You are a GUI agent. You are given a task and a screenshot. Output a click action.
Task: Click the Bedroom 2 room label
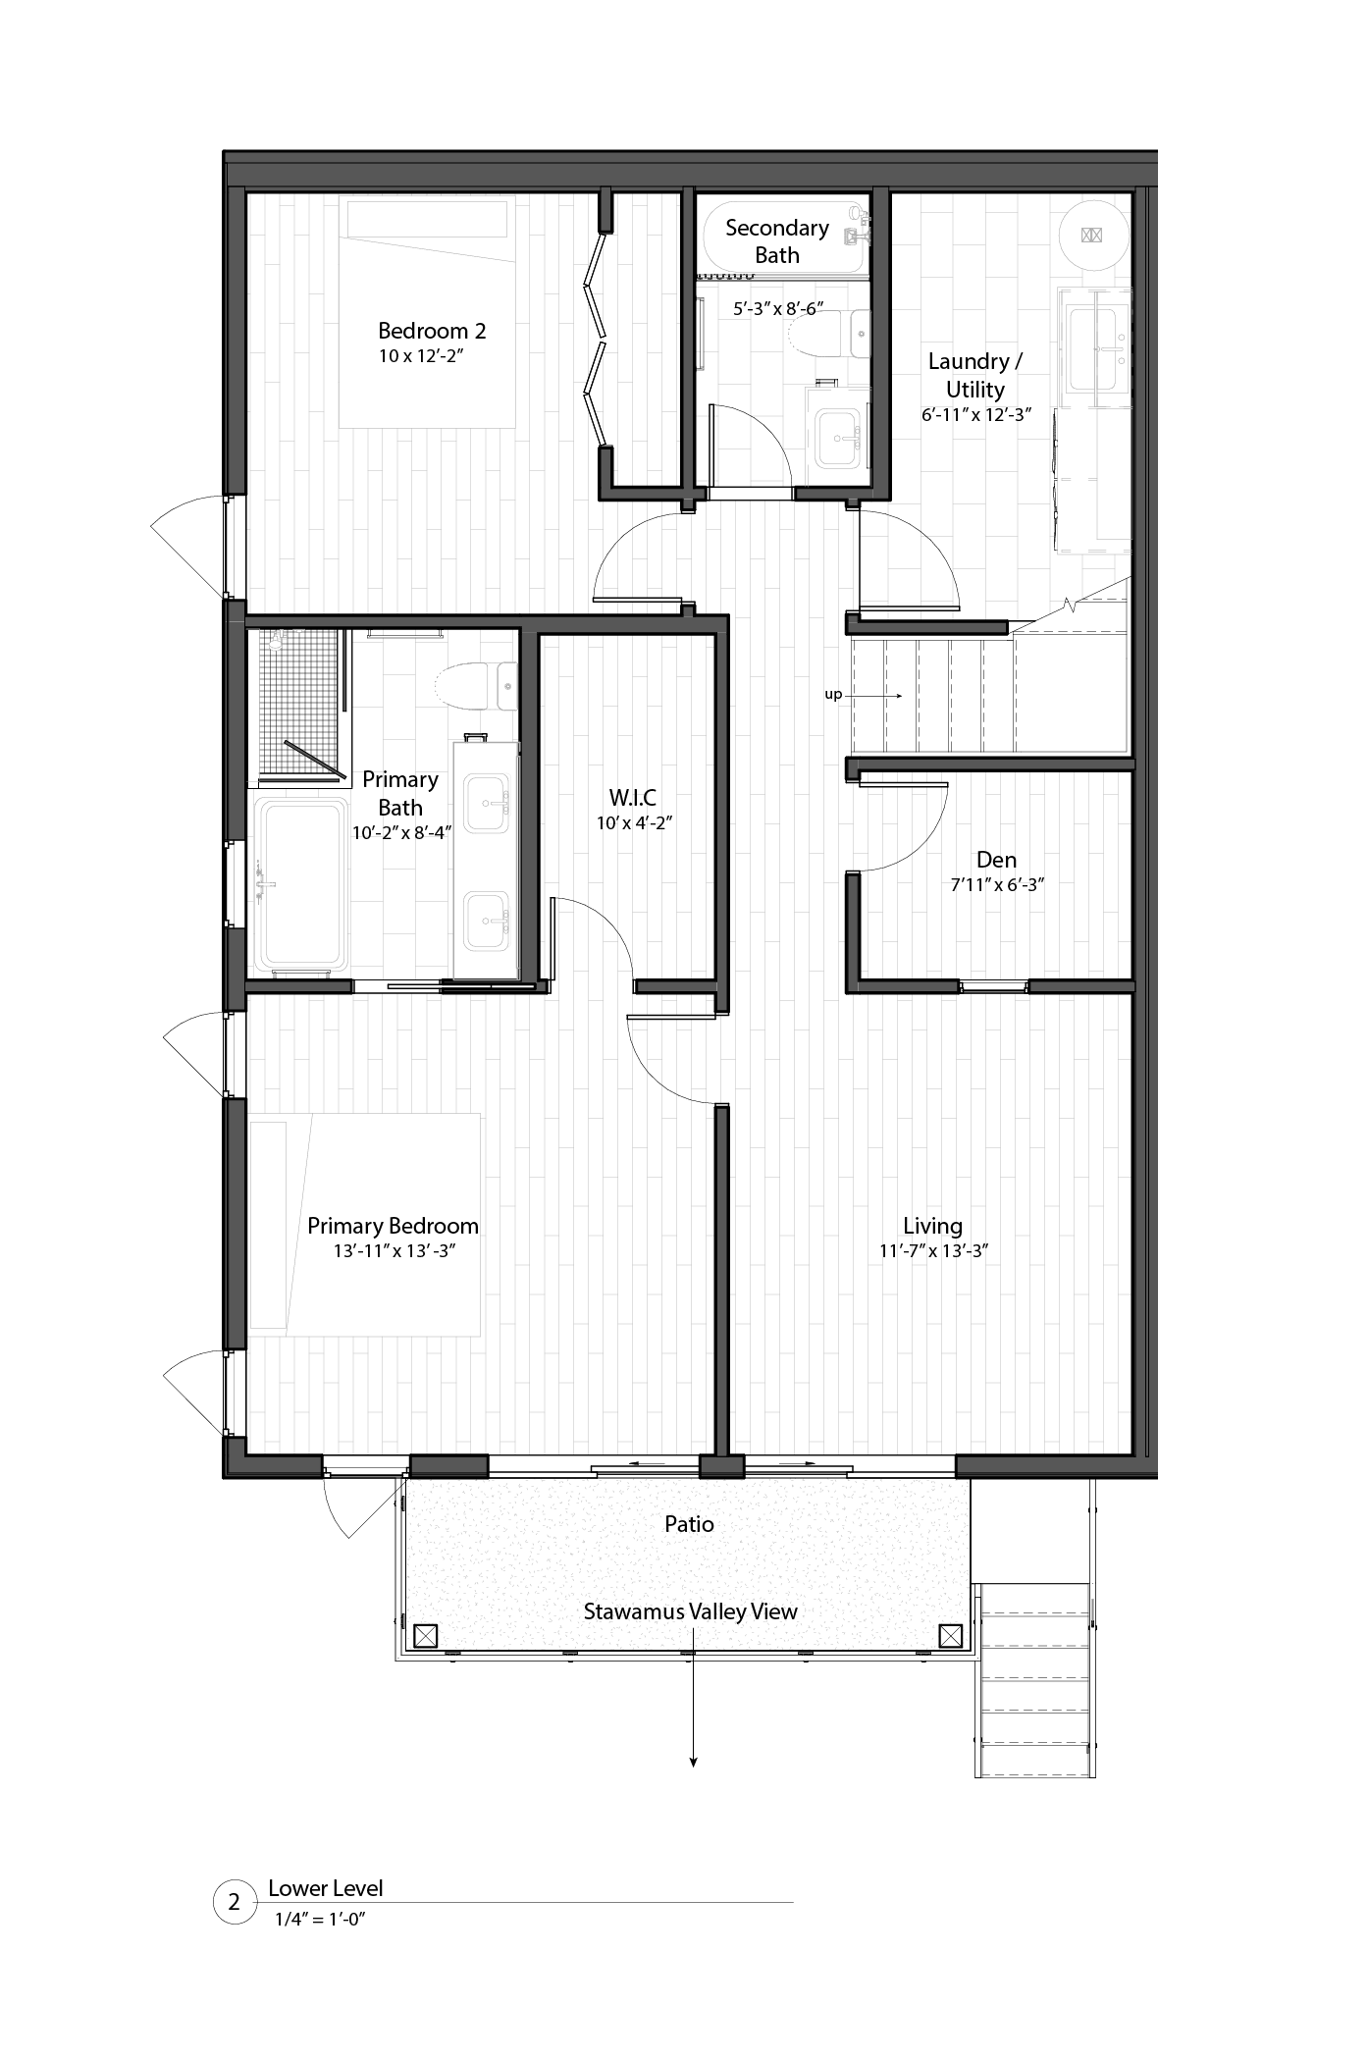pyautogui.click(x=432, y=331)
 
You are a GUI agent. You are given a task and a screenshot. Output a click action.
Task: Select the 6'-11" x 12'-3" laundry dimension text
pyautogui.click(x=975, y=415)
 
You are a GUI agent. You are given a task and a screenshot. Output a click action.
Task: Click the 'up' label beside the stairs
pyautogui.click(x=833, y=695)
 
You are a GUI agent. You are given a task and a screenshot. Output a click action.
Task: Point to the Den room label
pyautogui.click(x=996, y=860)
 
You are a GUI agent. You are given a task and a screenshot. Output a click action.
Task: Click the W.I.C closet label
pyautogui.click(x=633, y=797)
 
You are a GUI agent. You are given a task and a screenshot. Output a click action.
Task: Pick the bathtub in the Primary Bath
pyautogui.click(x=300, y=883)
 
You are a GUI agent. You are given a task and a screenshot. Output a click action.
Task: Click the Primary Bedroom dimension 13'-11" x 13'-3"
pyautogui.click(x=395, y=1251)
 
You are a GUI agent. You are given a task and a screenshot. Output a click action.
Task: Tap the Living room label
pyautogui.click(x=932, y=1226)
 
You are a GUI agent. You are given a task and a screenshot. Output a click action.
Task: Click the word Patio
pyautogui.click(x=689, y=1524)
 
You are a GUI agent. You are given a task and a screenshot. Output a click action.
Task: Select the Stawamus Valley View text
pyautogui.click(x=690, y=1611)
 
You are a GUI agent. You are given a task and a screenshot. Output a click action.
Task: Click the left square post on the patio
pyautogui.click(x=425, y=1636)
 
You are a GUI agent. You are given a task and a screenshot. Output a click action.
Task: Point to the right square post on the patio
pyautogui.click(x=950, y=1636)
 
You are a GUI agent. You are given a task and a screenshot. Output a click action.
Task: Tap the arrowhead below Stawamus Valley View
pyautogui.click(x=693, y=1763)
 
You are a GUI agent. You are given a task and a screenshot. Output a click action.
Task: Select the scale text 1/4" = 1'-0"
pyautogui.click(x=320, y=1920)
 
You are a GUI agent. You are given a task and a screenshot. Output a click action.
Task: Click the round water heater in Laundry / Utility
pyautogui.click(x=1092, y=235)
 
